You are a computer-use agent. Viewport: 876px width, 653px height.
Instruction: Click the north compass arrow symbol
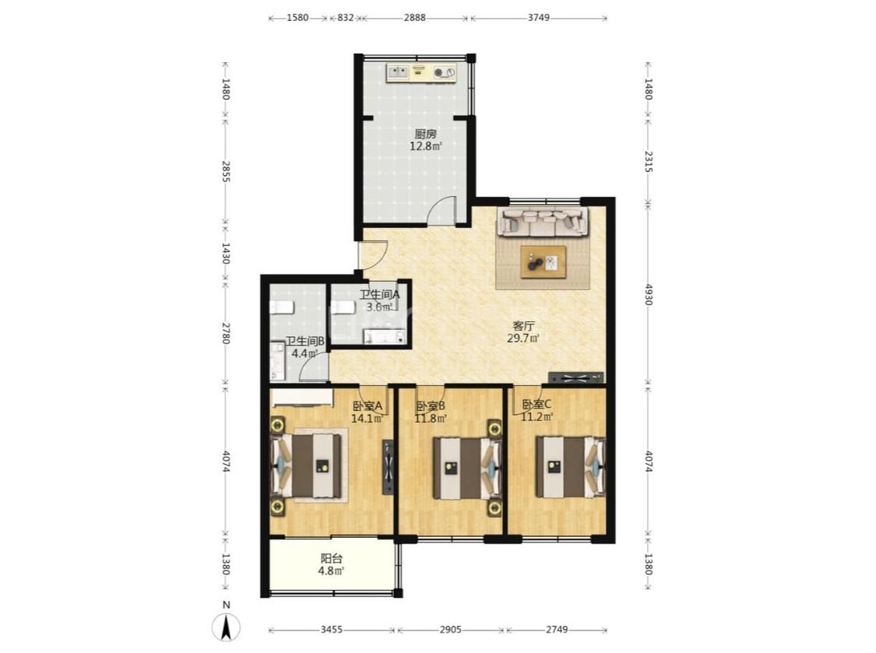(x=227, y=627)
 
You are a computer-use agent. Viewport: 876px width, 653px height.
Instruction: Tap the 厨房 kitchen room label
(x=425, y=134)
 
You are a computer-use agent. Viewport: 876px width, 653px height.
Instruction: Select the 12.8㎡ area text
(x=426, y=147)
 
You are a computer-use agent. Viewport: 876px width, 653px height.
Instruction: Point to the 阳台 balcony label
(x=331, y=558)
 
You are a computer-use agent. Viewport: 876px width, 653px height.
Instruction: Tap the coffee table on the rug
(x=543, y=262)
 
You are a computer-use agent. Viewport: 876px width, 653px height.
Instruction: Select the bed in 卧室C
(x=571, y=467)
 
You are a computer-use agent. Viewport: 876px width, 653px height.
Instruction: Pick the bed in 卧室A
(x=306, y=466)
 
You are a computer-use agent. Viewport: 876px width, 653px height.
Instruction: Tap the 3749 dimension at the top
(x=539, y=17)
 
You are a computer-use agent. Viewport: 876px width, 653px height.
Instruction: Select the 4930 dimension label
(x=648, y=294)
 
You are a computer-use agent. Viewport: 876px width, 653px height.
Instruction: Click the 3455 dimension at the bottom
(x=331, y=630)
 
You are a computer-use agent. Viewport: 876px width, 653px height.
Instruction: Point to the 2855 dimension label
(x=226, y=171)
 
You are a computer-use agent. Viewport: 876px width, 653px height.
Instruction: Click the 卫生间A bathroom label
(x=379, y=294)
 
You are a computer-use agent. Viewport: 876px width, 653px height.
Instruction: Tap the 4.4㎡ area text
(x=304, y=353)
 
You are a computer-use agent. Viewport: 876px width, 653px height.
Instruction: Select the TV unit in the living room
(x=576, y=378)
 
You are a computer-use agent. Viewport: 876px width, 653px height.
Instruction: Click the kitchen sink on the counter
(x=398, y=72)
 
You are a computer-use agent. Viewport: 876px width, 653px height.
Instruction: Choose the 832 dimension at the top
(x=346, y=17)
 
